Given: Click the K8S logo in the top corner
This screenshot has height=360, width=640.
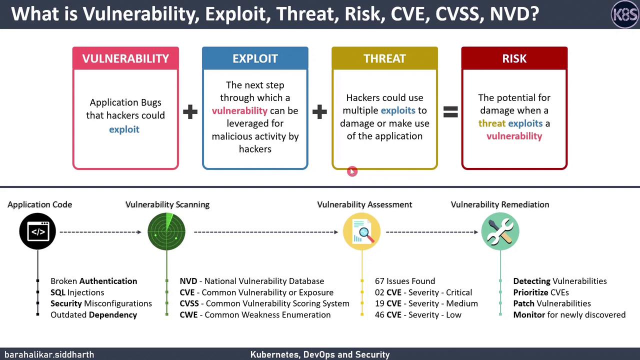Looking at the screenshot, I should pos(624,14).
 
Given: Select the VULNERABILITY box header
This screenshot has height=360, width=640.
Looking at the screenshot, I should pos(125,58).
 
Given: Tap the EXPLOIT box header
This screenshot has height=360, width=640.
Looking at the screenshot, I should pos(255,58).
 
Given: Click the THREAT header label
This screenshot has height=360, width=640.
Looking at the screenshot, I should pos(384,58).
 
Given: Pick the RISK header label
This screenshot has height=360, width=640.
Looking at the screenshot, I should pos(514,58).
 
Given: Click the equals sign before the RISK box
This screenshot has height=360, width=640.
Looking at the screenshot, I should pos(450,112).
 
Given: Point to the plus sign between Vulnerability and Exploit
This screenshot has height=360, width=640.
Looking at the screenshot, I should pos(190,112).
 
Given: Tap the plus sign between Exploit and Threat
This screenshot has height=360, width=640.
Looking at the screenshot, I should pos(319,112).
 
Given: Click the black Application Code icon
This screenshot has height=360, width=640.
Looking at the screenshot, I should pos(37,231).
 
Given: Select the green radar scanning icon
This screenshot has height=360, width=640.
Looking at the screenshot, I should pos(166,231).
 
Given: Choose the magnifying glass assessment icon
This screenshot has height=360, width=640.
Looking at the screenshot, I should pos(361,231).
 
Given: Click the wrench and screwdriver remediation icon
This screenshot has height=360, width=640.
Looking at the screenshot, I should pos(500,231).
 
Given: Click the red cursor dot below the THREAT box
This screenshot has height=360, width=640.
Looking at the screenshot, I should pos(352,171).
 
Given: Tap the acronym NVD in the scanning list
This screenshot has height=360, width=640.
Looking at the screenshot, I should pos(188,281).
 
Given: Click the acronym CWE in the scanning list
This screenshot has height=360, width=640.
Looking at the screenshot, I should pos(188,314).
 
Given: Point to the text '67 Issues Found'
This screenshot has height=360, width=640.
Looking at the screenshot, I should pos(404,281).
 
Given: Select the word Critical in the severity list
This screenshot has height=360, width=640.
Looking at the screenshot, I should pos(458,292).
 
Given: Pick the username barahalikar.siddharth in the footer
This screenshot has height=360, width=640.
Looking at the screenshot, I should pos(49,354).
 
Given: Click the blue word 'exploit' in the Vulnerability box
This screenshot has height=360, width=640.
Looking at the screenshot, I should pos(124,129).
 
